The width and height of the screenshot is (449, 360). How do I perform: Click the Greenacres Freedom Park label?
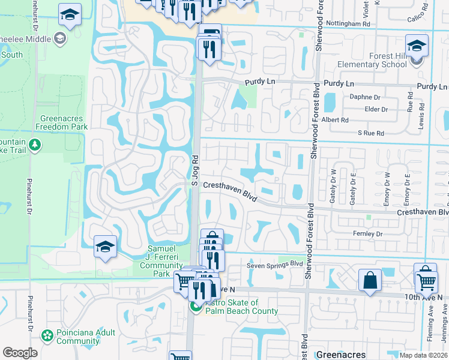point(61,122)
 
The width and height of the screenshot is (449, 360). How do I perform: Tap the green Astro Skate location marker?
point(196,307)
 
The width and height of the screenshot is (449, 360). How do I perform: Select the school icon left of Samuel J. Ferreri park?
point(105,247)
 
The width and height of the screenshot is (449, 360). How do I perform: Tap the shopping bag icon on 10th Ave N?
point(370,280)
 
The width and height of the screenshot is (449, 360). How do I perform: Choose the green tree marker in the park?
point(35,145)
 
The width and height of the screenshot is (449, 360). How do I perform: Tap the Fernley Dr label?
point(367,233)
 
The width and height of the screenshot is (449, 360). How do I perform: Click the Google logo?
point(20,353)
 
